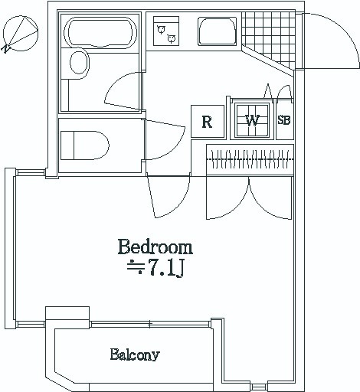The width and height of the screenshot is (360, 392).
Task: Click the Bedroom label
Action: pyautogui.click(x=155, y=247)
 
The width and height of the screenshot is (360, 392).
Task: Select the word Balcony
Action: pyautogui.click(x=135, y=355)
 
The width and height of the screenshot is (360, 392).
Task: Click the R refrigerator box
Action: pyautogui.click(x=208, y=122)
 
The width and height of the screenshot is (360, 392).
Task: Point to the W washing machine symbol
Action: pyautogui.click(x=252, y=121)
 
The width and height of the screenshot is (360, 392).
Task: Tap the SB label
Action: pyautogui.click(x=284, y=120)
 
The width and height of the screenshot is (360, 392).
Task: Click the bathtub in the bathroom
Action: pyautogui.click(x=100, y=32)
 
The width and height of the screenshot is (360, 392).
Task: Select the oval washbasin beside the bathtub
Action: pyautogui.click(x=80, y=63)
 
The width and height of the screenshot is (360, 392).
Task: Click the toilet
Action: pyautogui.click(x=85, y=145)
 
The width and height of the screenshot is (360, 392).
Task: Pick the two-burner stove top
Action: pyautogui.click(x=166, y=31)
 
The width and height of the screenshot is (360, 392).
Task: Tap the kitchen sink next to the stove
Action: pyautogui.click(x=218, y=31)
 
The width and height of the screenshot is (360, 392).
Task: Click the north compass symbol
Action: pyautogui.click(x=20, y=34)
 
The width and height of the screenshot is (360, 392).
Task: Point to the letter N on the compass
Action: pyautogui.click(x=5, y=49)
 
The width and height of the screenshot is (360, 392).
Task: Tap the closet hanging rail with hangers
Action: pyautogui.click(x=250, y=159)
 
